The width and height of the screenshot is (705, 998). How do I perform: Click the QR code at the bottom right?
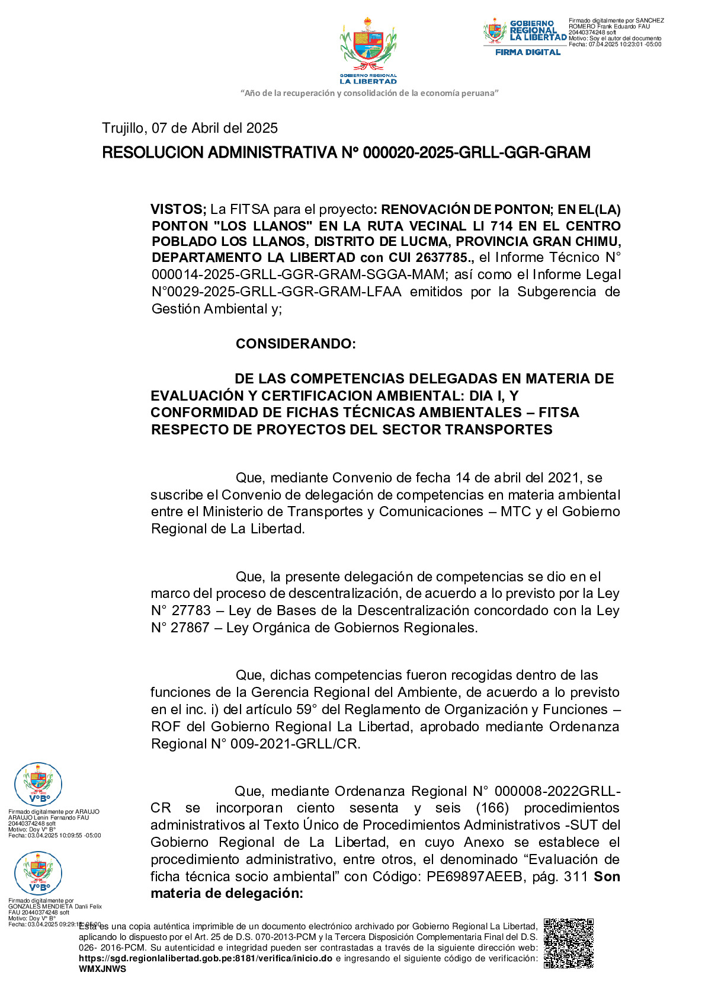[568, 943]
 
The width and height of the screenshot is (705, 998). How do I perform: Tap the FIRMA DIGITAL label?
[527, 52]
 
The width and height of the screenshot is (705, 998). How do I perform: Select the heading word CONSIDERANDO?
[296, 344]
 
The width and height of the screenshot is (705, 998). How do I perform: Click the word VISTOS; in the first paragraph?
[178, 209]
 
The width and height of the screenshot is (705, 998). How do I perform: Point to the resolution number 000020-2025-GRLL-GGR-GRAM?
[476, 153]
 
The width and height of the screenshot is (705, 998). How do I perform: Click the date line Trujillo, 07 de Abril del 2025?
[190, 128]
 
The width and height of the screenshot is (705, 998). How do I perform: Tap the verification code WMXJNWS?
[102, 969]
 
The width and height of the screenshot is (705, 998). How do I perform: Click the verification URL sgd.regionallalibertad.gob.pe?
[206, 958]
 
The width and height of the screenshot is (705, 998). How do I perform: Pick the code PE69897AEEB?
[475, 877]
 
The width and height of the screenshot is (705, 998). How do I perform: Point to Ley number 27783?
[191, 610]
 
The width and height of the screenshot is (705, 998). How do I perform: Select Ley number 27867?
[190, 628]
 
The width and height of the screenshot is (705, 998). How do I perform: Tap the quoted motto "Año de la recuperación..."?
[369, 93]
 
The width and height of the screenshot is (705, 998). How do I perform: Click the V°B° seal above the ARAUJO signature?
[38, 784]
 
